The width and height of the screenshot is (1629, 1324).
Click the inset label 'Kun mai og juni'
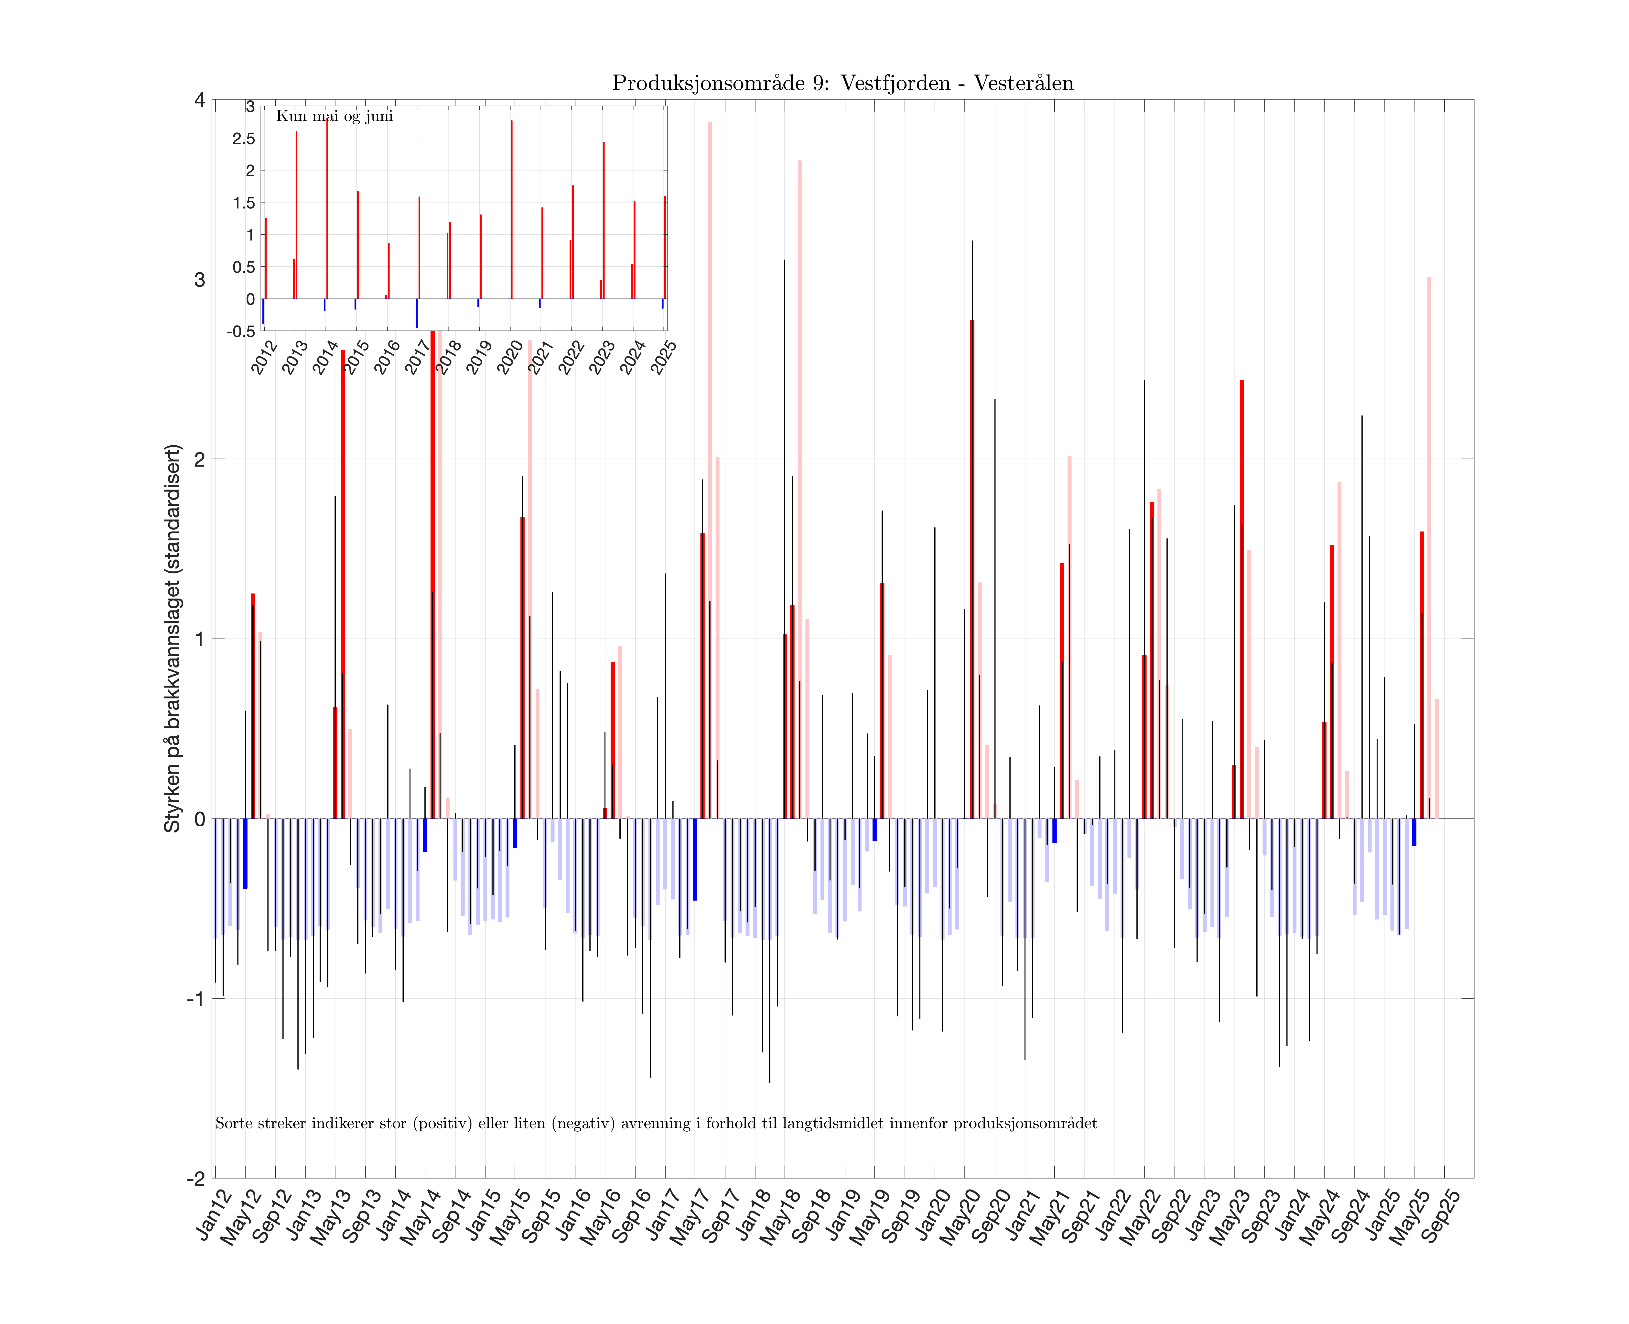click(335, 116)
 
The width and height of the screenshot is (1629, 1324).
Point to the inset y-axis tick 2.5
click(244, 139)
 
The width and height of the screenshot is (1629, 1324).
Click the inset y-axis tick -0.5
click(241, 331)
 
